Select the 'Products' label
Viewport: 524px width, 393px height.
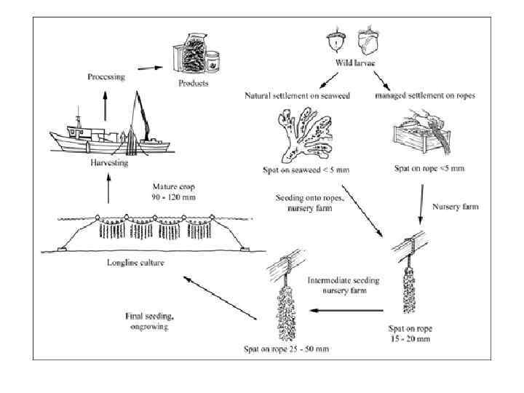tap(194, 83)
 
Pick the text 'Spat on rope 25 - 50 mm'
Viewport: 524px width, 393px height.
tap(286, 349)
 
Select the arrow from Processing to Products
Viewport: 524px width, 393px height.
tap(148, 70)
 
